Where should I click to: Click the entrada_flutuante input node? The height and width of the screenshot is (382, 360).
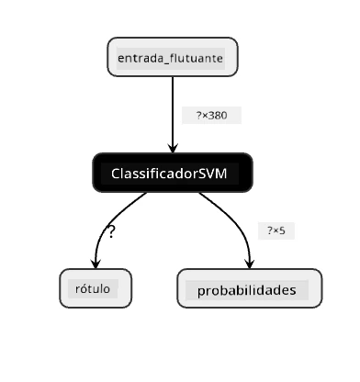point(173,57)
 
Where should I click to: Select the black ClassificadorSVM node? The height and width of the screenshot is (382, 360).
point(173,173)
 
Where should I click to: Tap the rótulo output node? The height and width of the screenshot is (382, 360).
point(96,288)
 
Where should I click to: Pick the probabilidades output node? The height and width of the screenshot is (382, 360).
point(250,288)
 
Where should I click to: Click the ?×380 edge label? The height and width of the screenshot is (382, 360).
point(211,116)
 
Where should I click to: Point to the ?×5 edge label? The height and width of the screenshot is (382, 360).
point(276,230)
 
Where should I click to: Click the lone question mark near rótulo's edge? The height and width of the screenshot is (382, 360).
point(111,231)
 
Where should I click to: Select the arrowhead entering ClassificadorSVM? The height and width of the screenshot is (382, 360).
point(173,148)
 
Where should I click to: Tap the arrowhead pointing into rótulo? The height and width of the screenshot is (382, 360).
point(96,264)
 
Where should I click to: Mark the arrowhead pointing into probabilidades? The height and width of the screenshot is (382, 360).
point(250,264)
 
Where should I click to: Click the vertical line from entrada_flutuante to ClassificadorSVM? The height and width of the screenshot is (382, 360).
point(173,115)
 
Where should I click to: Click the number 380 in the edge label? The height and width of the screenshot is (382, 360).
point(218,116)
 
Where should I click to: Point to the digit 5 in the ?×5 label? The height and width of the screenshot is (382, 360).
point(282,230)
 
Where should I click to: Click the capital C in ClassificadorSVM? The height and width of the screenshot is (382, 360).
point(116,174)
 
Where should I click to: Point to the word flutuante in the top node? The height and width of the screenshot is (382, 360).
point(197,58)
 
